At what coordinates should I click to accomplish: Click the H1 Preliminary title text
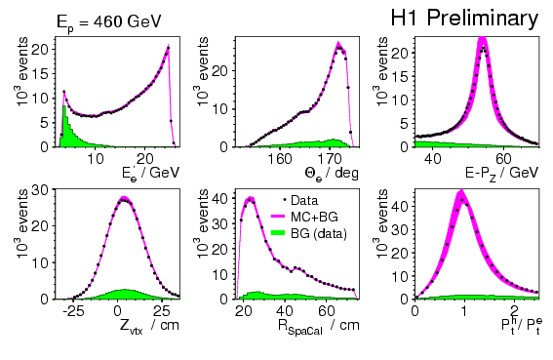click(x=464, y=19)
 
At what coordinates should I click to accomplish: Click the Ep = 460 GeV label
click(x=109, y=22)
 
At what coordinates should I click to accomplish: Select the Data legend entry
click(x=300, y=200)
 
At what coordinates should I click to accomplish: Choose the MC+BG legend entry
click(x=304, y=217)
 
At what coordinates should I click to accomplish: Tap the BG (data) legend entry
click(x=309, y=233)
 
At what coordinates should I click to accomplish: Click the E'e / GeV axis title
click(x=150, y=174)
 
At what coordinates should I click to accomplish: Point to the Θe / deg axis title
click(x=332, y=174)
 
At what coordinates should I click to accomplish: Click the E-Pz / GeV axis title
click(x=502, y=174)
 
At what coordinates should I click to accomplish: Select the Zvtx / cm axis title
click(x=149, y=326)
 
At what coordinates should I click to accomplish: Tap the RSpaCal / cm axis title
click(x=319, y=326)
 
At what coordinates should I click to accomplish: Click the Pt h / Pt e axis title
click(x=522, y=325)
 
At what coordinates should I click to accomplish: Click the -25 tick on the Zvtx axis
click(x=73, y=311)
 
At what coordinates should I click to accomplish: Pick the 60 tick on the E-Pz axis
click(x=503, y=158)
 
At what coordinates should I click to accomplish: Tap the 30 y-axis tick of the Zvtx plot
click(x=41, y=189)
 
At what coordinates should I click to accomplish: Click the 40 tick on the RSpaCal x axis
click(x=284, y=311)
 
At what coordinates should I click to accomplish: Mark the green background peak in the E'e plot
click(x=64, y=106)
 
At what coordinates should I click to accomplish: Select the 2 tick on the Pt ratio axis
click(x=515, y=311)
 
